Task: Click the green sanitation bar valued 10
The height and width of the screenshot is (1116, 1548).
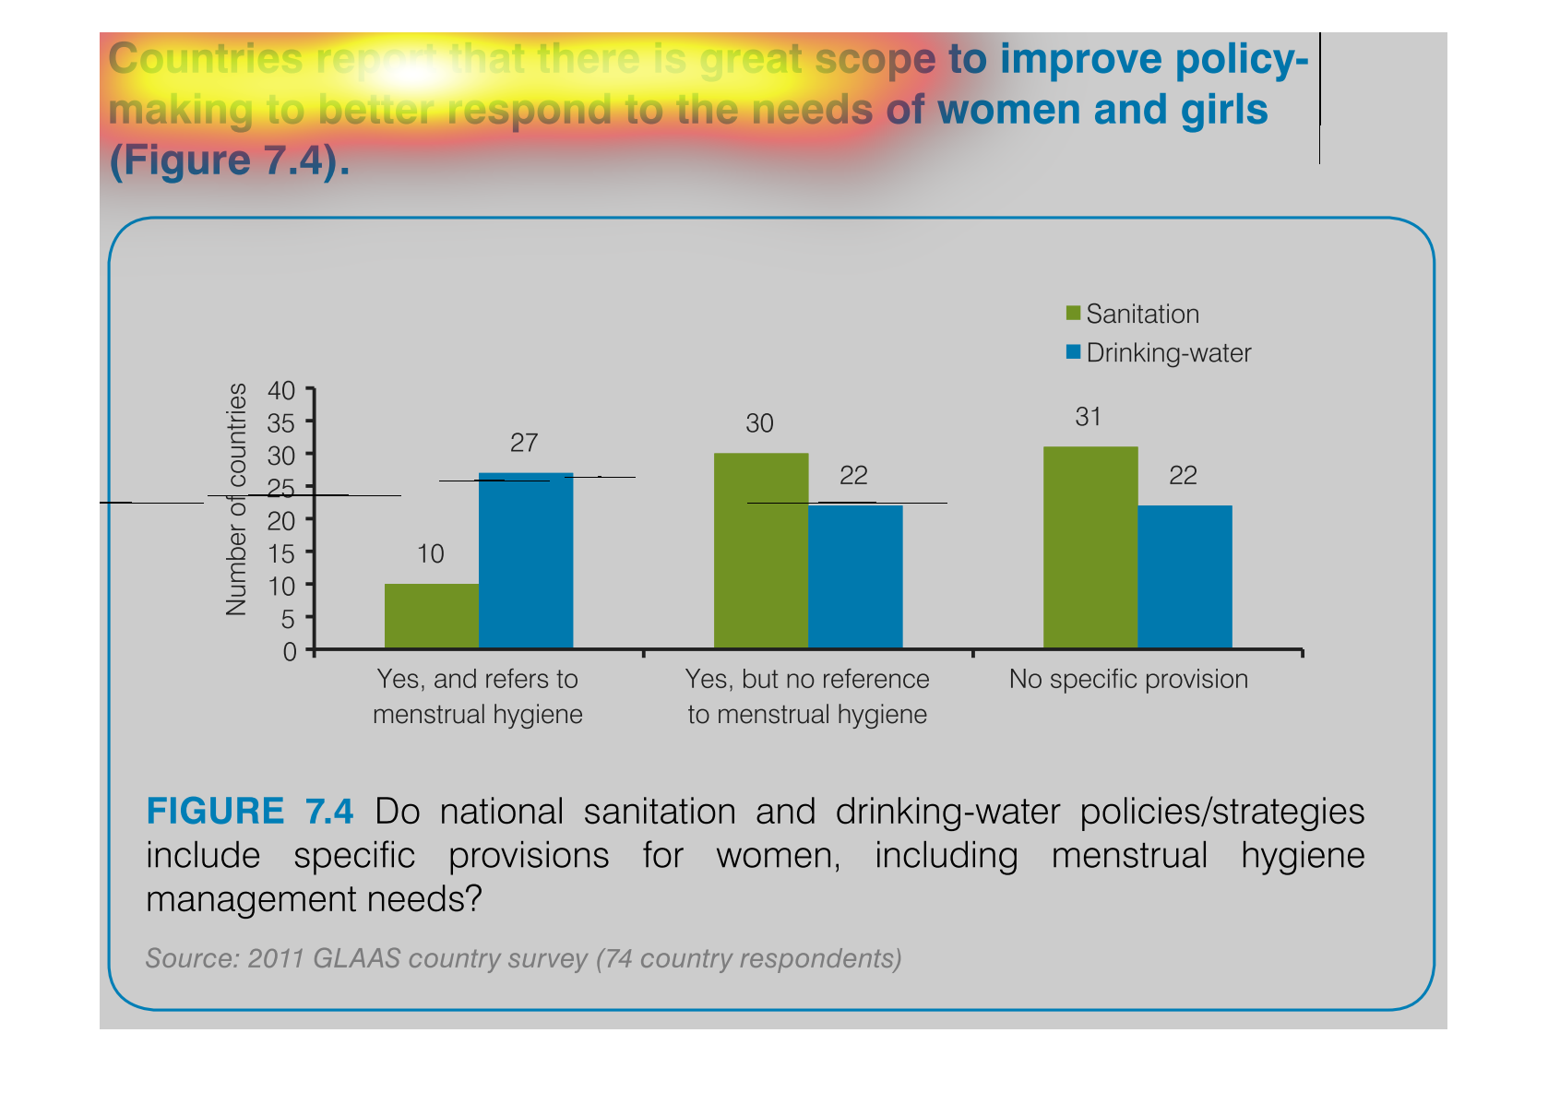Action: coord(431,616)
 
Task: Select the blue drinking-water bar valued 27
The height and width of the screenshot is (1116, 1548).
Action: coord(526,561)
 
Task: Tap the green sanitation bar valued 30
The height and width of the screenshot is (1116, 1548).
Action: coord(761,551)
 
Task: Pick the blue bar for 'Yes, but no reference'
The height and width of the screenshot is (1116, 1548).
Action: coord(855,576)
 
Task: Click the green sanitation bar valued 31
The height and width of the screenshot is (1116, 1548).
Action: coord(1090,548)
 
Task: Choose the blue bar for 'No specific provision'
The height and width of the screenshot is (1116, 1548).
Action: coord(1185,576)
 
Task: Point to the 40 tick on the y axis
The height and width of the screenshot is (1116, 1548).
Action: coord(281,390)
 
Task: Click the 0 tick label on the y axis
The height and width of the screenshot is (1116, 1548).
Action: coord(290,652)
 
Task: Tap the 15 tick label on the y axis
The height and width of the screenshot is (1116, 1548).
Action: coord(281,553)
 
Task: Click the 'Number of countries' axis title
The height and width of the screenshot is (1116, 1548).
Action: coord(237,499)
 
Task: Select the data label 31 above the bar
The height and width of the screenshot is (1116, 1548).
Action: coord(1089,418)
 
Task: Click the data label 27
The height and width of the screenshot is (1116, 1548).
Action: coord(524,444)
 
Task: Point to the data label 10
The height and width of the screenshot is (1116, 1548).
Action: coord(431,554)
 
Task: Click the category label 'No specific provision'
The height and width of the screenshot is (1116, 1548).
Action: coord(1128,680)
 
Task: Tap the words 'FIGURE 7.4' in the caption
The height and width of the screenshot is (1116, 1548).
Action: coord(249,812)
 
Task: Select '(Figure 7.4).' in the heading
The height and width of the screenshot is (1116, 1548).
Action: coord(230,160)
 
